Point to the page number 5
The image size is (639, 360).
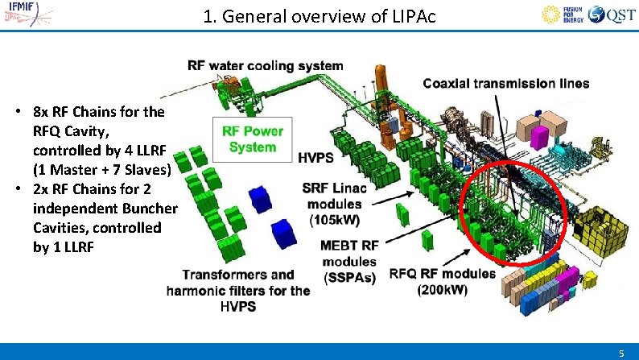[621, 353]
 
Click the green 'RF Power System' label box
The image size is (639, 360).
[252, 139]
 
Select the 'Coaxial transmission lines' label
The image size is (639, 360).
[505, 83]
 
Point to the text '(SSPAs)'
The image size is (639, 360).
[348, 277]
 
